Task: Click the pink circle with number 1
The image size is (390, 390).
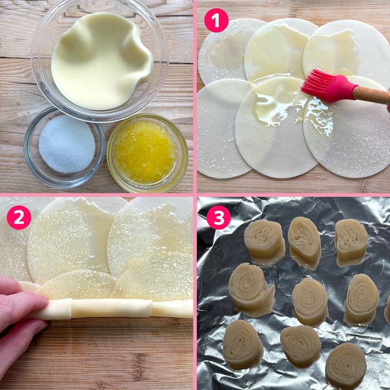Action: [216, 21]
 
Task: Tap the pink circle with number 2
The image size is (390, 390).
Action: [19, 217]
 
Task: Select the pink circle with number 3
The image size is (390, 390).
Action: [218, 217]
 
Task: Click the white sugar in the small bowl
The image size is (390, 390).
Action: [67, 144]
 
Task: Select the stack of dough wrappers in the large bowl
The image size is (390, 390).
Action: [101, 61]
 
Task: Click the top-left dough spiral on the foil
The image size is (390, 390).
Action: [265, 242]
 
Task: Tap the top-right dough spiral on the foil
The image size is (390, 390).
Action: [351, 242]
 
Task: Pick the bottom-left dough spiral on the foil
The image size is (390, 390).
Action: [242, 344]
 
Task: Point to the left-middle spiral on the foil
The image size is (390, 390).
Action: [251, 290]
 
